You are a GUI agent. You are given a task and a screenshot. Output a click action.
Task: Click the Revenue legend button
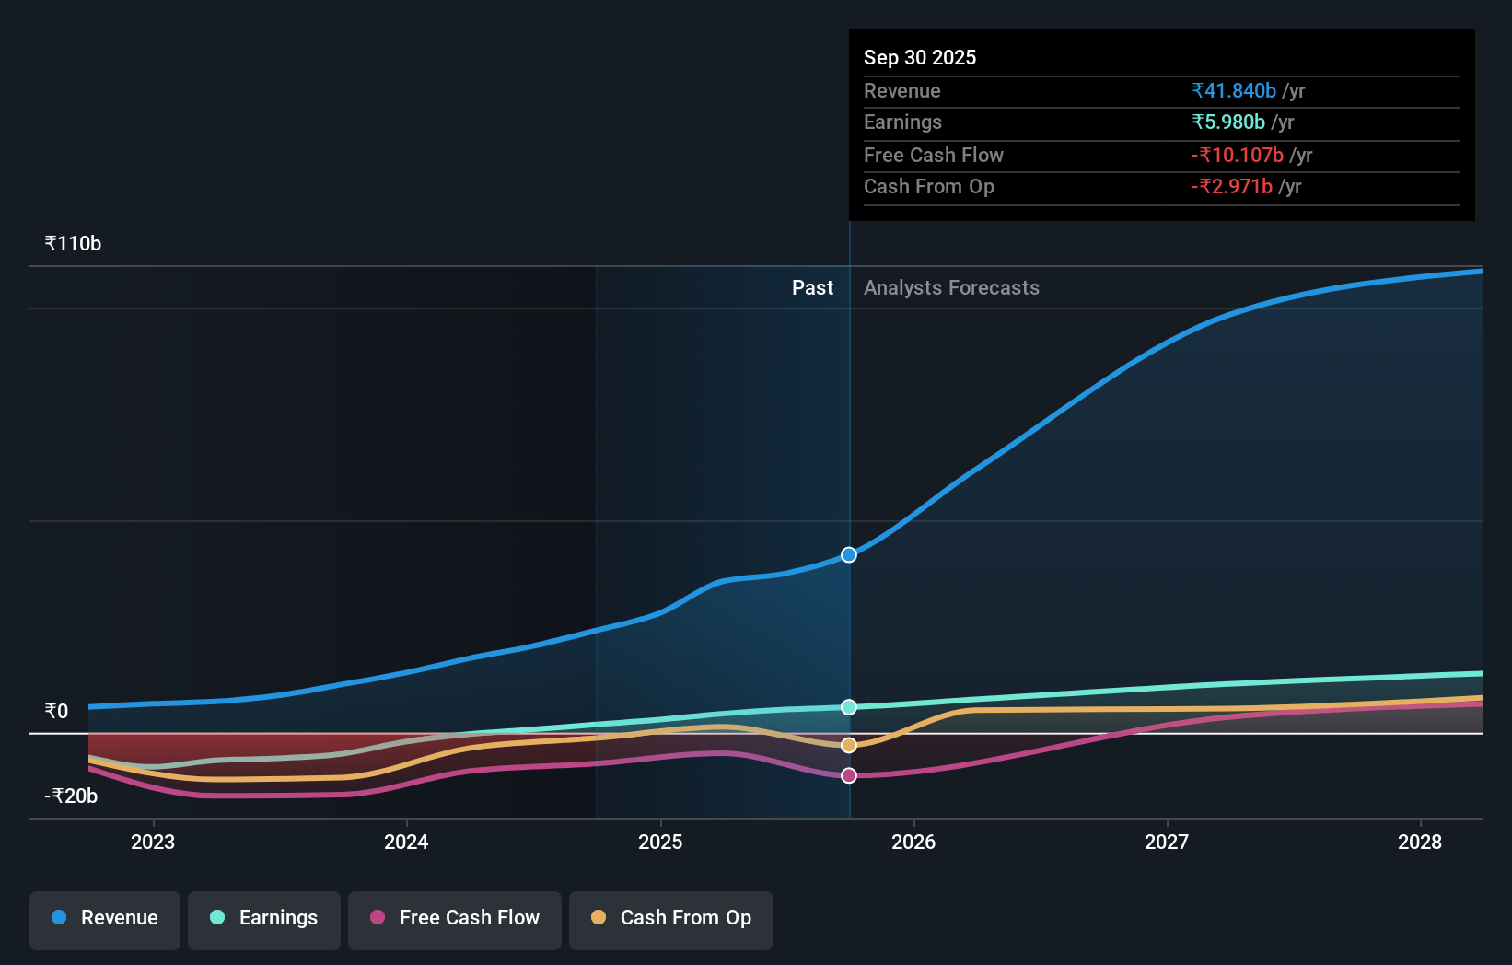(x=105, y=918)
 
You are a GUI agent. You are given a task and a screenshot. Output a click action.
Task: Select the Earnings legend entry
(x=264, y=918)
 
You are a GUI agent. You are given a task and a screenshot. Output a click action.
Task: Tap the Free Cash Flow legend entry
(x=455, y=918)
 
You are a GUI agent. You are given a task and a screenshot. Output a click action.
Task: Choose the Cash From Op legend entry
(x=671, y=918)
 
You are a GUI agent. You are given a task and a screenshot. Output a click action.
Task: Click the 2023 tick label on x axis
(x=153, y=842)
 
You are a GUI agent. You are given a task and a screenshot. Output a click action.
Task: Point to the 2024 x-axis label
(x=406, y=842)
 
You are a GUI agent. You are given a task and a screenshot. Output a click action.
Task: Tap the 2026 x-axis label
(x=913, y=842)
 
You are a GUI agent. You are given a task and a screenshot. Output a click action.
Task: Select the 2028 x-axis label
(x=1420, y=842)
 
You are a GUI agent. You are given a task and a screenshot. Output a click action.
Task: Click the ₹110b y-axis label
(x=73, y=244)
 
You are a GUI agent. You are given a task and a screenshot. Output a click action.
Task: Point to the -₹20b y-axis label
(x=71, y=796)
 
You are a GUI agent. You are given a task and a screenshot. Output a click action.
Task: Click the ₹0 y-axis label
(x=56, y=712)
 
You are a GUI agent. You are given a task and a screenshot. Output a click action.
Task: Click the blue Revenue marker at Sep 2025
(x=849, y=555)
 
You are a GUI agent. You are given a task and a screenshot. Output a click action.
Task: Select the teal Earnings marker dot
(x=849, y=707)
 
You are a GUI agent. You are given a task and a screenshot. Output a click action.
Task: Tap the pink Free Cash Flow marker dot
(x=849, y=776)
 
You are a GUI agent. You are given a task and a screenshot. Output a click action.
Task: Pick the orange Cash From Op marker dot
(x=849, y=745)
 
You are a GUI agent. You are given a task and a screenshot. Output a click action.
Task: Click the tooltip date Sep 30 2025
(x=920, y=57)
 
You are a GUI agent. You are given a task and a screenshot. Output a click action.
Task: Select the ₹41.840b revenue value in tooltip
(x=1234, y=91)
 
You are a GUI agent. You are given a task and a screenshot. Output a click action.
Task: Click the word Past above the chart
(x=812, y=288)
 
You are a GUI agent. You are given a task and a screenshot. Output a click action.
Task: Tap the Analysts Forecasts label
(x=951, y=288)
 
